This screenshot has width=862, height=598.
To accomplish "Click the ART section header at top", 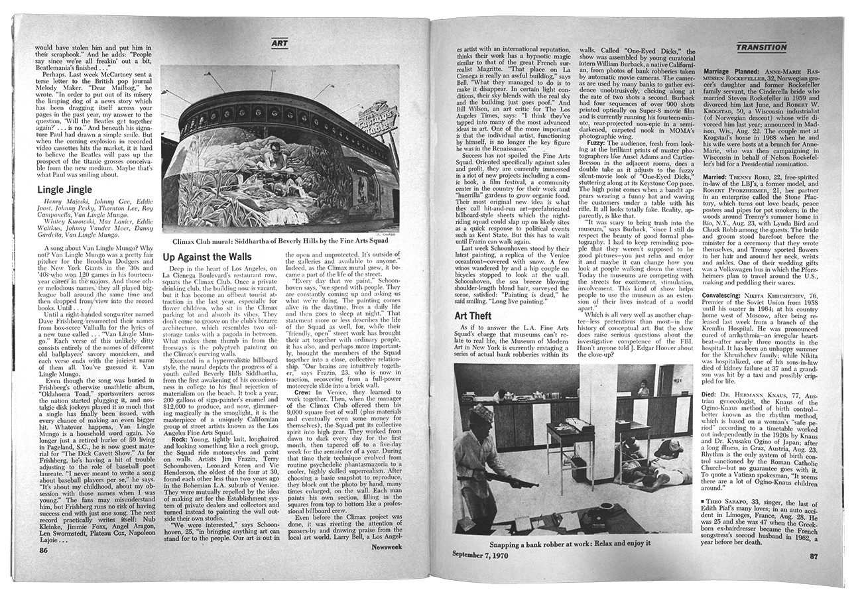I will click(x=280, y=44).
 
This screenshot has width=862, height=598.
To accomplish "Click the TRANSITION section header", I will click(x=761, y=47).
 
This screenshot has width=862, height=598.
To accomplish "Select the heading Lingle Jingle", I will click(x=64, y=190).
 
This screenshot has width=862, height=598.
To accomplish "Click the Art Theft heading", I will click(x=473, y=316).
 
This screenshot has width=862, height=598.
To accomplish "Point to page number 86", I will click(x=44, y=549).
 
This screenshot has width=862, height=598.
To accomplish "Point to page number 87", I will click(x=814, y=556).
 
